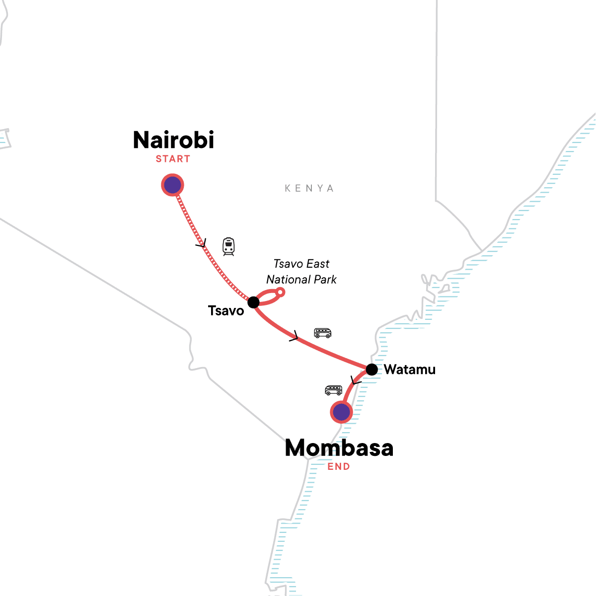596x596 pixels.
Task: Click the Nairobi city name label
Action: click(x=173, y=140)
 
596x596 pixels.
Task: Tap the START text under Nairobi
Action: click(x=173, y=159)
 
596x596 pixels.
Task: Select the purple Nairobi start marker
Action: click(x=172, y=185)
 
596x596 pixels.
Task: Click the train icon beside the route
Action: click(x=228, y=246)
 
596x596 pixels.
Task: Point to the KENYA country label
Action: click(x=309, y=188)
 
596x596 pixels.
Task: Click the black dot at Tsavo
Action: click(x=253, y=302)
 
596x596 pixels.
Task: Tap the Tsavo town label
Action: click(x=226, y=311)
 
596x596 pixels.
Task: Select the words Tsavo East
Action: click(x=301, y=264)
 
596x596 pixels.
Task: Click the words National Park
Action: click(x=301, y=280)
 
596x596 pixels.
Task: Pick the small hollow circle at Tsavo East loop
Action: click(x=281, y=292)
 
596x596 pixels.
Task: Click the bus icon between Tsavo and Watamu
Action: click(x=322, y=333)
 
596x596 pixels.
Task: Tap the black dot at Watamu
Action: click(x=372, y=370)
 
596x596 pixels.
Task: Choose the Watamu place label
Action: click(x=410, y=370)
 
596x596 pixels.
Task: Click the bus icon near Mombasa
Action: click(x=333, y=390)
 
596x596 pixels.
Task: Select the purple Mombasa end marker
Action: click(x=341, y=412)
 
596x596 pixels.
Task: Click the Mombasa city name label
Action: click(x=339, y=448)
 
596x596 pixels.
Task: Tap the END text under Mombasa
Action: click(x=339, y=466)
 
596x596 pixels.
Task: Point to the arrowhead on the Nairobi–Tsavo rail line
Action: click(x=201, y=244)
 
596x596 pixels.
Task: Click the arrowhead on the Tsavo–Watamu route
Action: click(x=294, y=337)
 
